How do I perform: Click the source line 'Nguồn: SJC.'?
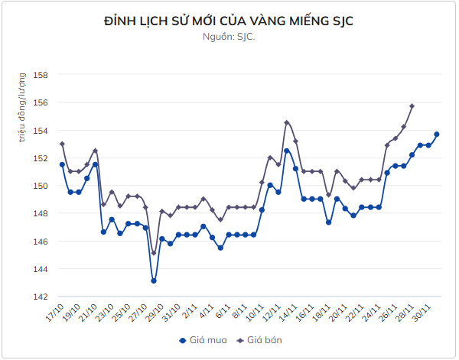pos(229,37)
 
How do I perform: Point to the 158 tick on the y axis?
pos(42,75)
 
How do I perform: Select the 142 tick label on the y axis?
pos(42,297)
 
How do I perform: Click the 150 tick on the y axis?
pos(42,186)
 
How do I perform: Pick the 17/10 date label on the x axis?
pos(56,313)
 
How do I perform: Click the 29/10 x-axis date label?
pos(155,313)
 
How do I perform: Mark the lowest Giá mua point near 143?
pos(154,281)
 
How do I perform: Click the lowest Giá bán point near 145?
pos(154,253)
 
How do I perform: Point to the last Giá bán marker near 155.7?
pos(412,106)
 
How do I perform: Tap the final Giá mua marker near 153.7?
pos(437,135)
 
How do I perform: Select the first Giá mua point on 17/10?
pos(62,164)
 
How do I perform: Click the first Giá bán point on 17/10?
pos(62,144)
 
